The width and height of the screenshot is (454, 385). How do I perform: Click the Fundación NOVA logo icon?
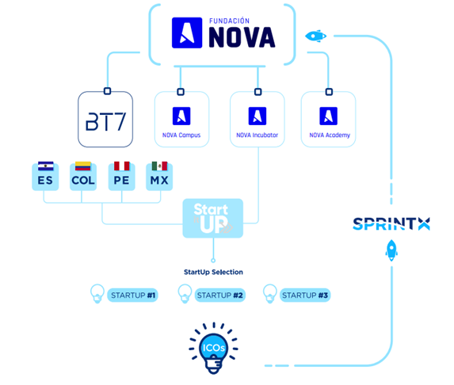187,32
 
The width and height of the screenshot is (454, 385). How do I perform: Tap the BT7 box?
105,120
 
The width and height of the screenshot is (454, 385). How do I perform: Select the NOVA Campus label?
181,135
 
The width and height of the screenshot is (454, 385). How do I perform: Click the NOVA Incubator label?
258,135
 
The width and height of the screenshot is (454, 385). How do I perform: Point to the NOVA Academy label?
330,135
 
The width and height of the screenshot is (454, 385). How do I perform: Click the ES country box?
45,177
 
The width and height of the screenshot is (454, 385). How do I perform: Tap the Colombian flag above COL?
83,166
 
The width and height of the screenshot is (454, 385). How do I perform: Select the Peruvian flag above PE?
121,166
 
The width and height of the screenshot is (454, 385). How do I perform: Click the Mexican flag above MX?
159,166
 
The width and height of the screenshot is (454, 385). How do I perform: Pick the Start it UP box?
213,219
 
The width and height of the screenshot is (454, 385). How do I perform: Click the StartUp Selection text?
213,272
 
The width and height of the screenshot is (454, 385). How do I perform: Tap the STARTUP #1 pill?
132,295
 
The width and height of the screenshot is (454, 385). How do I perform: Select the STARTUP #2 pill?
219,295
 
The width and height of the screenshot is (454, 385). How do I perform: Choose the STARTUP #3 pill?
305,295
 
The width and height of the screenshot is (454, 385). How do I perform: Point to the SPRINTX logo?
391,223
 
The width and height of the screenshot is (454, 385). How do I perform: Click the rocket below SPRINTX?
391,250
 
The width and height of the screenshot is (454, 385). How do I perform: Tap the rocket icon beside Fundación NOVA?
316,36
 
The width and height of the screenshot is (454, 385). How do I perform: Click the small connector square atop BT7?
107,91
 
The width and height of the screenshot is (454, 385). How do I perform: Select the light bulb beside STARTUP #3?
270,294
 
